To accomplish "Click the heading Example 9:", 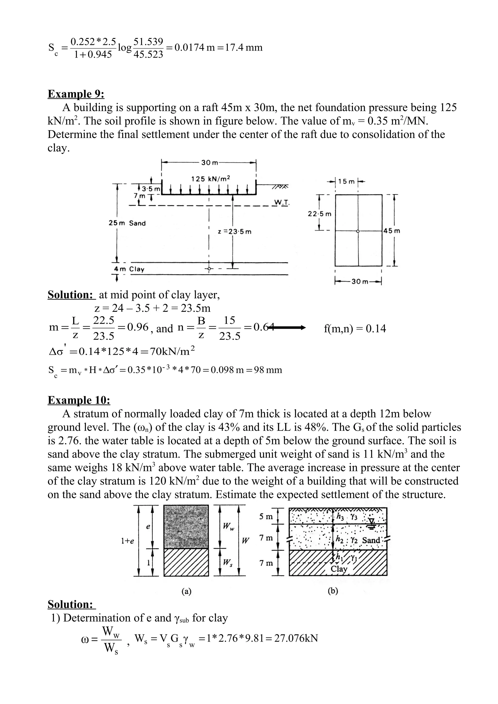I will (76, 94).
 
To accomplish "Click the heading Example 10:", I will (79, 400).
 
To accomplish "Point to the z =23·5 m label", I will (234, 232).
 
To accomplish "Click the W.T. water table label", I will (281, 202).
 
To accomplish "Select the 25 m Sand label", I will (127, 223).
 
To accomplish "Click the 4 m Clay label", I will (129, 269).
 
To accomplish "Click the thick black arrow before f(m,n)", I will (287, 328).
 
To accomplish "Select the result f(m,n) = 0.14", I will (355, 329).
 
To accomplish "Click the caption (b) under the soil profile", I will (333, 591).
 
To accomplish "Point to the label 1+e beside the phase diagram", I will (127, 541).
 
